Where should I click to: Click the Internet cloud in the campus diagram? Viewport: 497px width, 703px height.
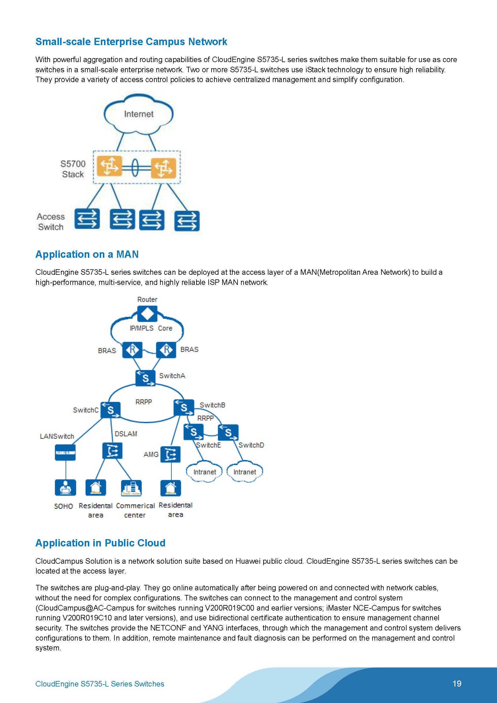(138, 114)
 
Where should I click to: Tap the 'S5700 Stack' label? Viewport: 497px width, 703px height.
(73, 169)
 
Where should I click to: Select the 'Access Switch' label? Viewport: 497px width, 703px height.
(51, 222)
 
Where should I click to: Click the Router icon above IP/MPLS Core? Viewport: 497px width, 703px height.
(147, 314)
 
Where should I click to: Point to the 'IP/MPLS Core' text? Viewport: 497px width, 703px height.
(151, 328)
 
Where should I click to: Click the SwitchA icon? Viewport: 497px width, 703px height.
(145, 378)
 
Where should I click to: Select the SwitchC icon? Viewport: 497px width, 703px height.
(110, 410)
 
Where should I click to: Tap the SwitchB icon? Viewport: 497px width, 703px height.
(184, 407)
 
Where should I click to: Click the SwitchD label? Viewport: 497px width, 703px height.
(251, 445)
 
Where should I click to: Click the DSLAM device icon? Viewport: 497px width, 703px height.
(112, 451)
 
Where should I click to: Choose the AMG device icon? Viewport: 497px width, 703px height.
(170, 455)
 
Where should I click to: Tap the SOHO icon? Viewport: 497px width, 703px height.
(65, 487)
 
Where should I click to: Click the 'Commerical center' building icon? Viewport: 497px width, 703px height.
(131, 488)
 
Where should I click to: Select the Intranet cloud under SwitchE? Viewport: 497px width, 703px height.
(205, 472)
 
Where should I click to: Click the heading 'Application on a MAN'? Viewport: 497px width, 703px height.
(87, 255)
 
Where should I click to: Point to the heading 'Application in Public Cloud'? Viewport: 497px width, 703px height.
(101, 543)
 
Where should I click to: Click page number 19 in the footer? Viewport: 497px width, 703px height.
(457, 683)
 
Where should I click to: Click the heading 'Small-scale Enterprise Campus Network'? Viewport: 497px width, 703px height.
(131, 42)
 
